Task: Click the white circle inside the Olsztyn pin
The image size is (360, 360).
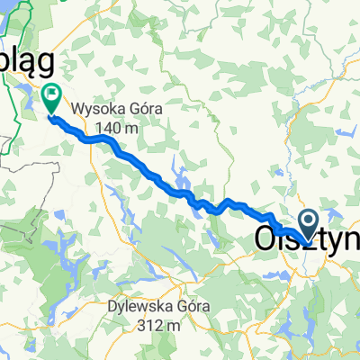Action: point(308,220)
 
